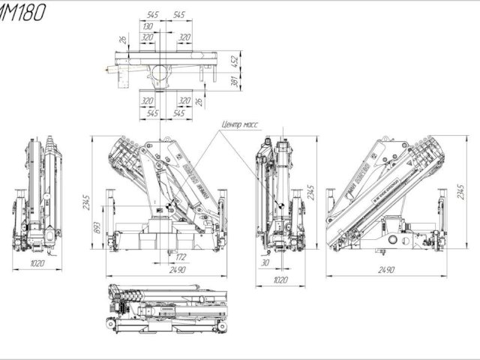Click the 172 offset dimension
point(181,258)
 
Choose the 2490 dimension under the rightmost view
point(387,269)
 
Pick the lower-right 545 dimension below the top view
point(180,113)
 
